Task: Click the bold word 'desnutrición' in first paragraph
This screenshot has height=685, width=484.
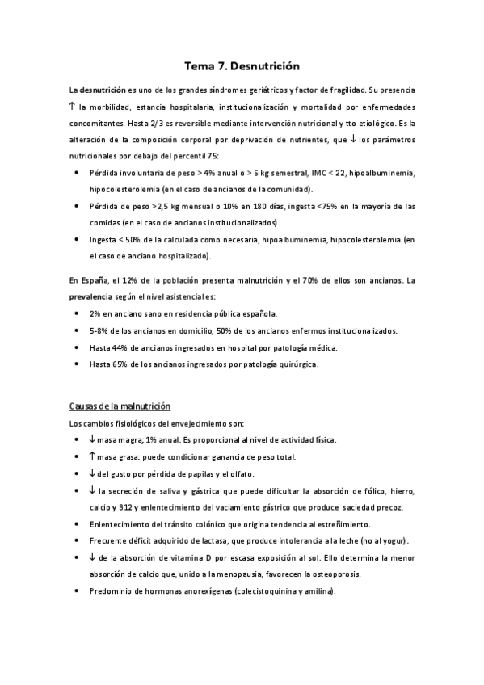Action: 103,92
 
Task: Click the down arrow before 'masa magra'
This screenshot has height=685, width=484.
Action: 93,439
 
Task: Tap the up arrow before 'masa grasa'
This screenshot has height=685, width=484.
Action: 93,456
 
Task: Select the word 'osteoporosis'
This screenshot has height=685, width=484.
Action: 378,574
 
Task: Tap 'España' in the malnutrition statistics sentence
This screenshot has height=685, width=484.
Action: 91,280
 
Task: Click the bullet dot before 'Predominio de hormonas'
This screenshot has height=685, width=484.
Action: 76,590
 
